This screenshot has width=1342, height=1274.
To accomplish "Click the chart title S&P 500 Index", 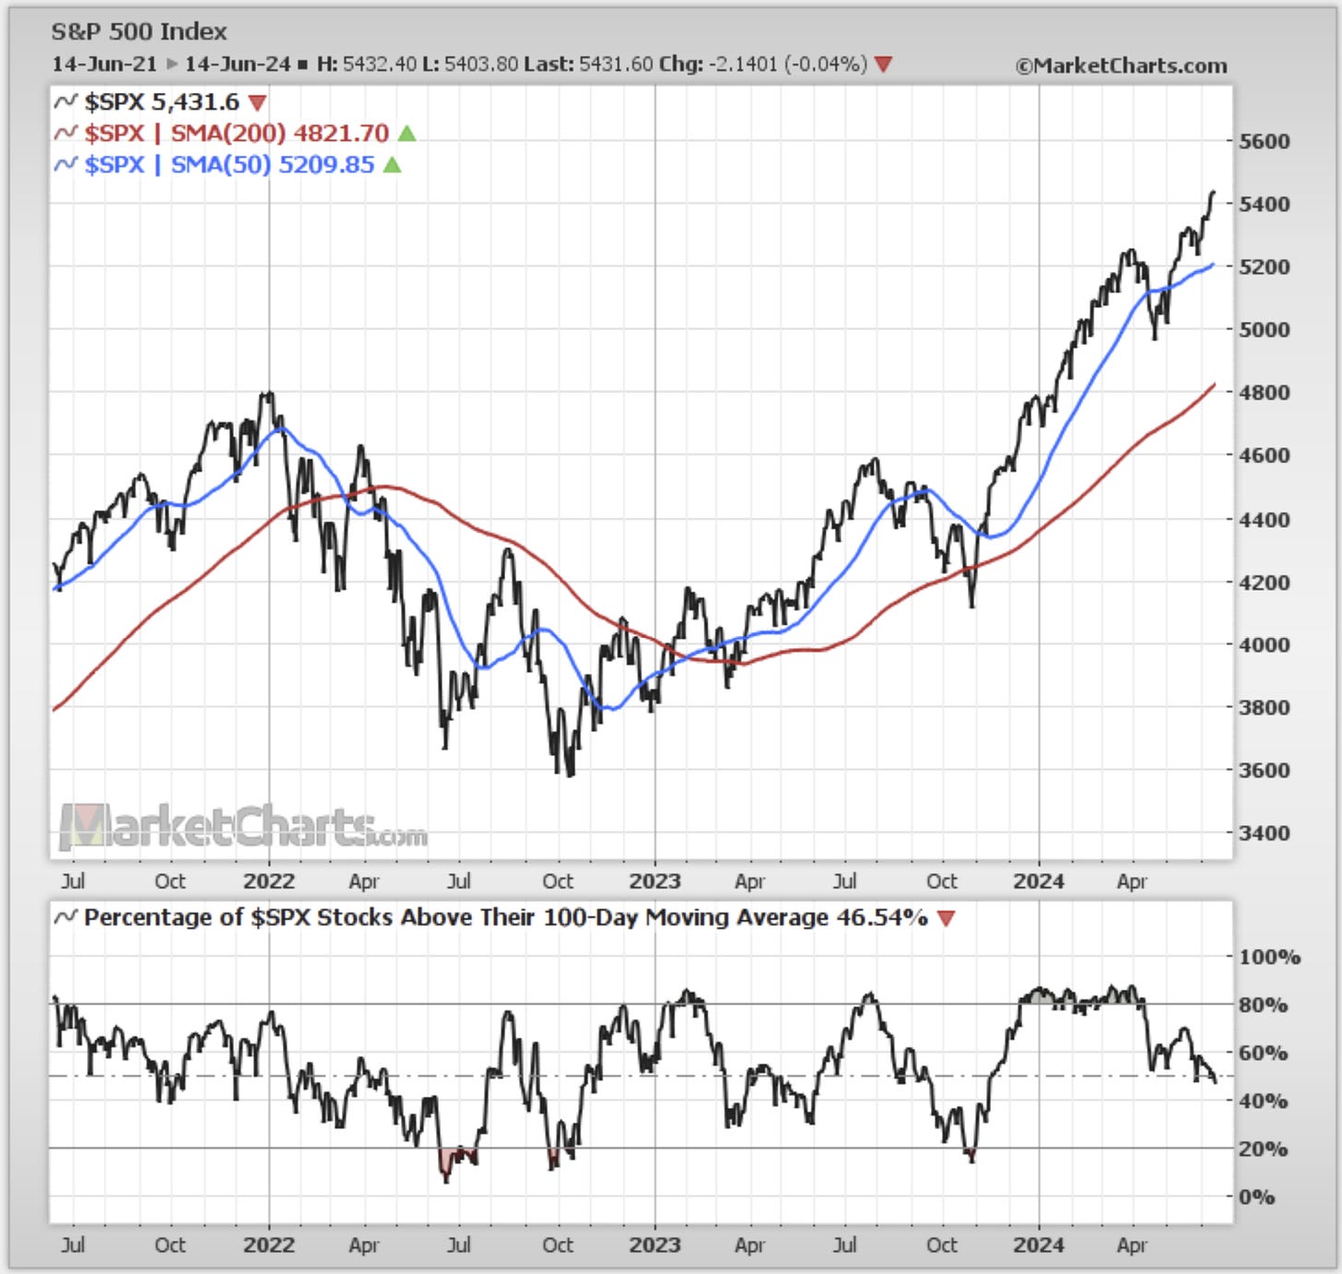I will [138, 32].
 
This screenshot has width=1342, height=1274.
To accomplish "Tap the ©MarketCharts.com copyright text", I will [1121, 66].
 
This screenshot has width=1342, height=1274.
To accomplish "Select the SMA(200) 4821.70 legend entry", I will [236, 134].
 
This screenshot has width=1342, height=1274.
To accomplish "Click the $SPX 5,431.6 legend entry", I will [161, 102].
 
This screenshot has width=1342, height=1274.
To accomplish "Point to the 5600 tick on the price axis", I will [1264, 142].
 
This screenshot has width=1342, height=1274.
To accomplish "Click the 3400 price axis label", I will [1264, 832].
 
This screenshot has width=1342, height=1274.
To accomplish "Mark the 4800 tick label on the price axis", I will [1264, 393].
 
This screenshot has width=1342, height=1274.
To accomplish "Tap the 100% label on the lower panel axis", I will [1269, 957].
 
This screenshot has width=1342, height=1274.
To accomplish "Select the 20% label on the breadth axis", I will [1263, 1149].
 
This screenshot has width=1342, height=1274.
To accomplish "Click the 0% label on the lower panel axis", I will [1257, 1197].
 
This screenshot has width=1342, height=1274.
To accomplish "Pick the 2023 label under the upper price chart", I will [654, 881].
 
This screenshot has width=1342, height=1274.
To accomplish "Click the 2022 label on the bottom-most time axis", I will [269, 1245].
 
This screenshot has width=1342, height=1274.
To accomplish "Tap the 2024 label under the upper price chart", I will [1039, 881].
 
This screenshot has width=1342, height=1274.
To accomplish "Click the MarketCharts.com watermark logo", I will [242, 826].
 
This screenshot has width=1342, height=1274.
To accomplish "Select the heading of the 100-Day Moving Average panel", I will [505, 918].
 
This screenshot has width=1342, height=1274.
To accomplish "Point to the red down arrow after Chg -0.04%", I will [883, 65].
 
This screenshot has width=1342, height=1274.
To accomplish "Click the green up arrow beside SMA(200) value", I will [406, 135].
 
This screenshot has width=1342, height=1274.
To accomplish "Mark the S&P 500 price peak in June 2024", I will [1213, 192].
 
